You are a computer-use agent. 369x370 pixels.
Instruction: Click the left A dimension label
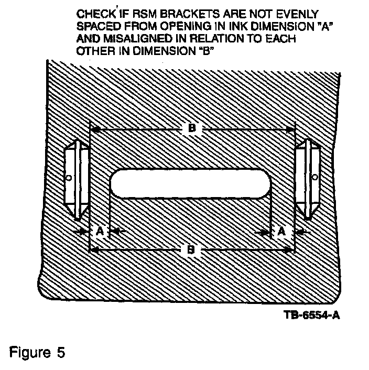(x=98, y=230)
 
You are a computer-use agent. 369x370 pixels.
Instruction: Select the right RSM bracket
(x=308, y=179)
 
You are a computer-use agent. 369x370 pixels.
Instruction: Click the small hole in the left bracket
(x=69, y=178)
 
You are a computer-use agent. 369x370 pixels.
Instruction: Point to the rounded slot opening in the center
(x=190, y=184)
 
